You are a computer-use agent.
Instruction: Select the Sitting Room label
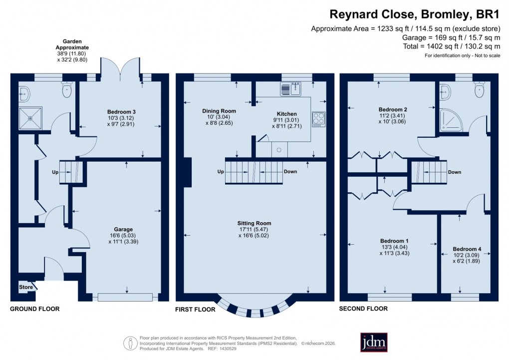pyautogui.click(x=255, y=223)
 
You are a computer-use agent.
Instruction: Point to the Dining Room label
pyautogui.click(x=219, y=111)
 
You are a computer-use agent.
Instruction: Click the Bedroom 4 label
pyautogui.click(x=467, y=249)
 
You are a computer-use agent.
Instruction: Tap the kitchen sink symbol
pyautogui.click(x=289, y=89)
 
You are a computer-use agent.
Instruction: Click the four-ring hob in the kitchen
pyautogui.click(x=318, y=119)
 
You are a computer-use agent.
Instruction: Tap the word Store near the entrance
pyautogui.click(x=26, y=287)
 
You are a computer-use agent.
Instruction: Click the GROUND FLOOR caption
pyautogui.click(x=35, y=309)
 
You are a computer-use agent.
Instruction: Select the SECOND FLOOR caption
pyautogui.click(x=363, y=309)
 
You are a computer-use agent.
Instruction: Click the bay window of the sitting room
pyautogui.click(x=254, y=306)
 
